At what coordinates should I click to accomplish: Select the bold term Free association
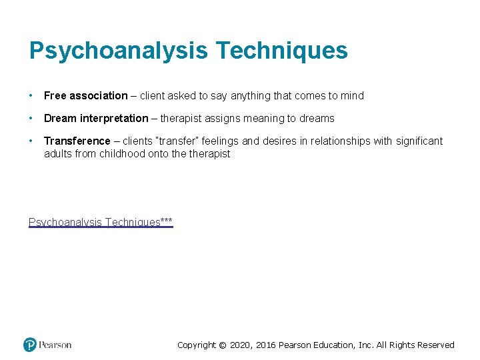coord(85,96)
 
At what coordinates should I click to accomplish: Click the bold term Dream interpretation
coord(96,119)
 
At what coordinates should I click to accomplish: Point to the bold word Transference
coord(77,141)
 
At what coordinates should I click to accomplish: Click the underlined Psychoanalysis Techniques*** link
coord(101,222)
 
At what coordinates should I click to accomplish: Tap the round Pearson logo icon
coord(30,345)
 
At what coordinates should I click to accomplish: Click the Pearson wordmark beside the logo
coord(55,345)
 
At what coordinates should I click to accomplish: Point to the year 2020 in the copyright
coord(243,345)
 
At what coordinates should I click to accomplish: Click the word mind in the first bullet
coord(353,96)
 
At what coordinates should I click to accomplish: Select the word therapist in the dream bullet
coord(182,119)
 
